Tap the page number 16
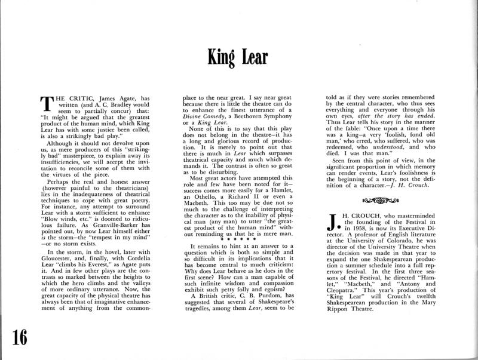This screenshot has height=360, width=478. coord(20,337)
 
